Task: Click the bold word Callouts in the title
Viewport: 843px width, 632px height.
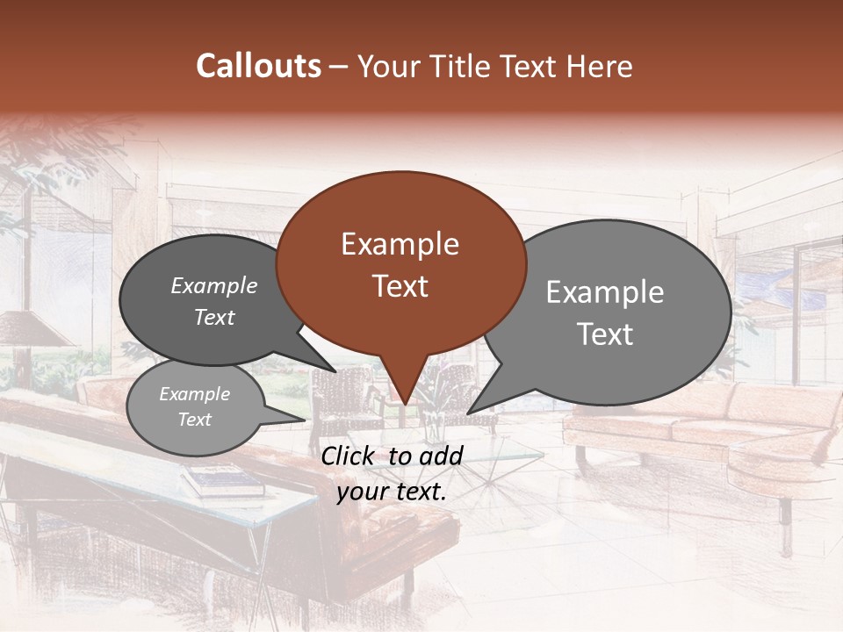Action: pyautogui.click(x=258, y=66)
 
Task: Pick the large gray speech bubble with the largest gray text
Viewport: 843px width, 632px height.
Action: pyautogui.click(x=606, y=312)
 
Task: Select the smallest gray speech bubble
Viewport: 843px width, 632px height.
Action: pyautogui.click(x=195, y=407)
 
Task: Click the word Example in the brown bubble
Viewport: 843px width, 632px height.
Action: pyautogui.click(x=400, y=244)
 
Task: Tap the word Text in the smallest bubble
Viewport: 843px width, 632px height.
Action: pyautogui.click(x=195, y=420)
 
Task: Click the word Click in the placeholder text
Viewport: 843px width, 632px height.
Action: pyautogui.click(x=349, y=455)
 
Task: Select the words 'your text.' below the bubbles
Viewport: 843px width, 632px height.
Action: pyautogui.click(x=392, y=491)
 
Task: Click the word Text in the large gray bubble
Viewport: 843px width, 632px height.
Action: pyautogui.click(x=606, y=334)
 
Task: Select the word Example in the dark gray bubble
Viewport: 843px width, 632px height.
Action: pyautogui.click(x=214, y=286)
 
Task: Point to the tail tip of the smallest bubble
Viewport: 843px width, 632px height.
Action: pyautogui.click(x=305, y=420)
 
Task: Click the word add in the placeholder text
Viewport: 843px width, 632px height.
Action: pyautogui.click(x=440, y=455)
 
